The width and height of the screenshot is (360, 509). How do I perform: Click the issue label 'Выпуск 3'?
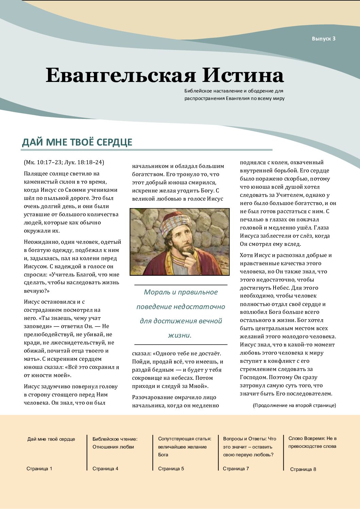tap(323, 39)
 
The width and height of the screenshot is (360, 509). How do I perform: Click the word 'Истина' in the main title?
tap(243, 75)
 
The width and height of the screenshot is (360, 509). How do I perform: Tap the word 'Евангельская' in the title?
tap(121, 75)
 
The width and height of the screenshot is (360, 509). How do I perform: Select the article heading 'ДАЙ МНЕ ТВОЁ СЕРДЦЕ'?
tap(77, 142)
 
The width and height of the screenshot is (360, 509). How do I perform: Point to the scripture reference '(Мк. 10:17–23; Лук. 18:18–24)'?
tap(64, 162)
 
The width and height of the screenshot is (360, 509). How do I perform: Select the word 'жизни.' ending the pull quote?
tap(180, 335)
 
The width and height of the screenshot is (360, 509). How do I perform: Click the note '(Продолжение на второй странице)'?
tap(294, 405)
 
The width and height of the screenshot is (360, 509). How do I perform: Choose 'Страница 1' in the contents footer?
tap(39, 469)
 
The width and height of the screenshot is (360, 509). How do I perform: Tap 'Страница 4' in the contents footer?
tap(105, 469)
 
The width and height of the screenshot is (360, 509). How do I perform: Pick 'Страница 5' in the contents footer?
tap(171, 469)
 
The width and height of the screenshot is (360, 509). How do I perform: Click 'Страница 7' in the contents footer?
tap(236, 469)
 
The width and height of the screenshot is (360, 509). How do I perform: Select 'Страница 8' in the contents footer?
tap(303, 469)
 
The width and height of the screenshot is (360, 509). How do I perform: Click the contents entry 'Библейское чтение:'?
tap(115, 439)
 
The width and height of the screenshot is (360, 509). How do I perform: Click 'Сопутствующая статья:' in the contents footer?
tap(185, 439)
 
